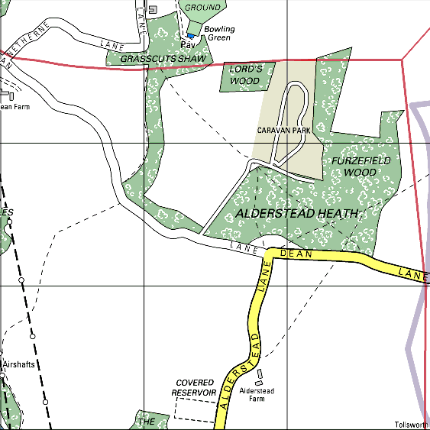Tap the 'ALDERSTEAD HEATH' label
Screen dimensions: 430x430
pos(297,214)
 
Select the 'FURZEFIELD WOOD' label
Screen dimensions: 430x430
pos(360,167)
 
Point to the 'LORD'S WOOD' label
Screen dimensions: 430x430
pos(246,75)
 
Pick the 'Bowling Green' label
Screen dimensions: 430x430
pos(219,34)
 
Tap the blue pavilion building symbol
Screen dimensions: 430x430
pos(190,36)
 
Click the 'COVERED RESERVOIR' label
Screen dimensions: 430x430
pos(195,387)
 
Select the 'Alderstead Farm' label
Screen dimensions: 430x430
pos(257,394)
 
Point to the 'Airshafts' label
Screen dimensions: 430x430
pos(18,364)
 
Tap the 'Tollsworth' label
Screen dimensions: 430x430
pos(412,425)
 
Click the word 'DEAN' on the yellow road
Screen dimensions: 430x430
pos(297,254)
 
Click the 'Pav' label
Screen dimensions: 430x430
pos(189,45)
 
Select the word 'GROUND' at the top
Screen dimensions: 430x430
pos(204,8)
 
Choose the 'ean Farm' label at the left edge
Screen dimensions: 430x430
pos(15,107)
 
